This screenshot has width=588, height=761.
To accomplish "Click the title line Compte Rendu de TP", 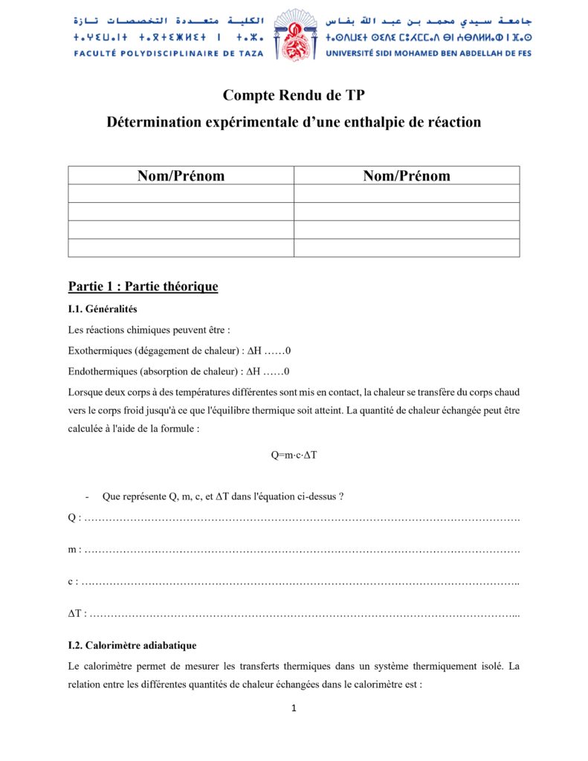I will pos(294,95).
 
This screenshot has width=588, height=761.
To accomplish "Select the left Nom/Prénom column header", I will pos(181,175).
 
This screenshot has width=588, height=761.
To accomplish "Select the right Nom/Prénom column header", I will pos(407,175).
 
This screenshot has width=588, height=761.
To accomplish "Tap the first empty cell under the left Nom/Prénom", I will pos(181,193).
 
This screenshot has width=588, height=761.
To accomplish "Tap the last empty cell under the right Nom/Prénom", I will pos(407,248).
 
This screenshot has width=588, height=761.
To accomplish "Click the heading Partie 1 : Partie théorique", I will pos(143,286).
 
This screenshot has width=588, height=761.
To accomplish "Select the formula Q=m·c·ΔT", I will pos(294,454).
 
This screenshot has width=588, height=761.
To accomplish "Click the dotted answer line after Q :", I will pos(302,517).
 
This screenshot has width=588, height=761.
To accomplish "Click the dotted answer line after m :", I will pos(302,550).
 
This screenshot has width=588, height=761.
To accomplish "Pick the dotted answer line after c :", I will pos(300,582).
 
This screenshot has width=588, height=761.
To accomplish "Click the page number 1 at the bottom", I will pos(294,708).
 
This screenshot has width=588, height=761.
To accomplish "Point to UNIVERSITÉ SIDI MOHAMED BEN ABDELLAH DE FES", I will pos(429,53).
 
